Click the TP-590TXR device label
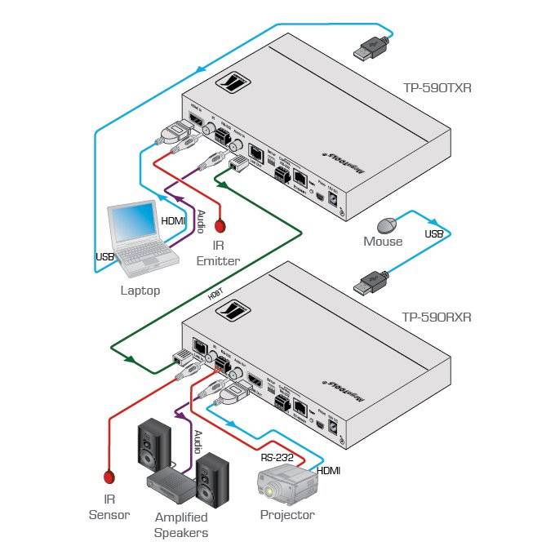click(437, 86)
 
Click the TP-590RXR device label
click(437, 317)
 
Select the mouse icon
click(385, 225)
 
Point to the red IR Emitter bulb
click(219, 225)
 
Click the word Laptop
click(140, 290)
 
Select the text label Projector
click(286, 515)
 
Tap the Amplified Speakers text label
click(181, 525)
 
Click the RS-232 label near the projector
click(276, 457)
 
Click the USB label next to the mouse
click(433, 234)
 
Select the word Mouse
click(383, 242)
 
